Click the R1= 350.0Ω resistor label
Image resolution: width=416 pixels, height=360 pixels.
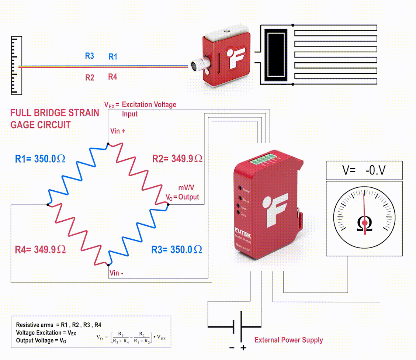(x=40, y=159)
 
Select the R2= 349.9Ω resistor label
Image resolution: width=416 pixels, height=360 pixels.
(x=177, y=159)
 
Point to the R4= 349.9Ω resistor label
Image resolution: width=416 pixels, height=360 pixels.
(x=40, y=250)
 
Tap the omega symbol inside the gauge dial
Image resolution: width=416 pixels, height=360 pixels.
(x=364, y=224)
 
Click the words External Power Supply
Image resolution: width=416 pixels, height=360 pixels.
(x=289, y=340)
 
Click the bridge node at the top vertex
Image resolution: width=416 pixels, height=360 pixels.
(x=108, y=144)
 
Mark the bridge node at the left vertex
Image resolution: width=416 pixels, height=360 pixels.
(x=48, y=204)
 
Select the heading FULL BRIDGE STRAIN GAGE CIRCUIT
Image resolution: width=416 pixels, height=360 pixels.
(x=55, y=119)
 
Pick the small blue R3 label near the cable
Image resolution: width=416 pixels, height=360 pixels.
(x=90, y=56)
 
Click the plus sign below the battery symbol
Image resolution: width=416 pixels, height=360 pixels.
(x=243, y=348)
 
